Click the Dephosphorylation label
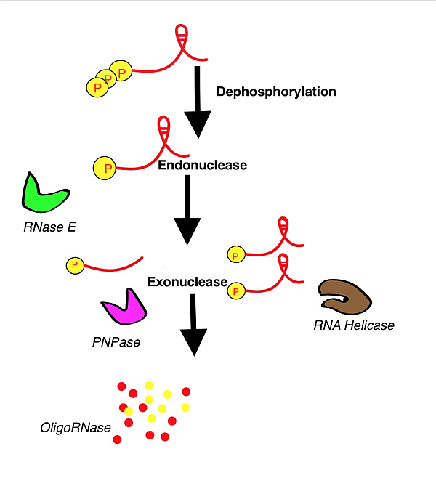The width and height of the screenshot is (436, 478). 276,92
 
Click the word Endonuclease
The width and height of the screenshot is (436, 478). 202,165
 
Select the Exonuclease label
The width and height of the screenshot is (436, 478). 187,282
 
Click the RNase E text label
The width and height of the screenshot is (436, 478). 49,228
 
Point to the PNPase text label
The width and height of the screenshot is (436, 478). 116,341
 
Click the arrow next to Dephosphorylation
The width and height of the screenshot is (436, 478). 198,101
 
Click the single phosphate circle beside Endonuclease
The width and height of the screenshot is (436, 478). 106,169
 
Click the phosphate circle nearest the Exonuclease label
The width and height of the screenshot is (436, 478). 235,291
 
